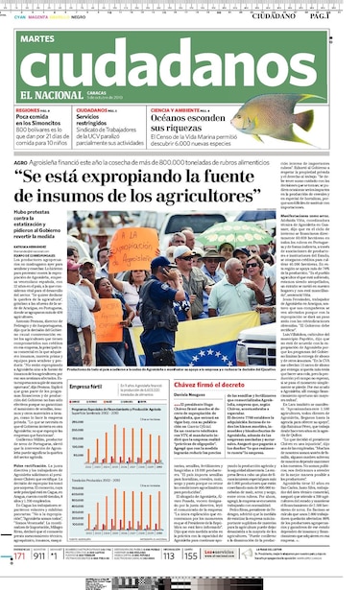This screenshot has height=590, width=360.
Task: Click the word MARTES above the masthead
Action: [x=35, y=38]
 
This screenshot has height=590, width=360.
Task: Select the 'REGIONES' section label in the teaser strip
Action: [x=29, y=111]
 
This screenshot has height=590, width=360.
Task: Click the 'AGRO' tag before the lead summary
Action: [x=21, y=163]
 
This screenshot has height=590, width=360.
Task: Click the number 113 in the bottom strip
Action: [x=169, y=555]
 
